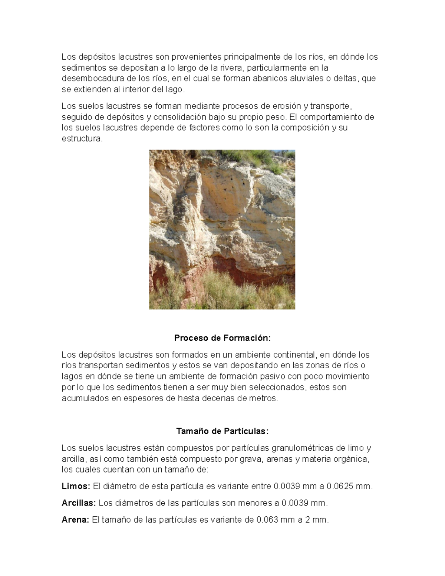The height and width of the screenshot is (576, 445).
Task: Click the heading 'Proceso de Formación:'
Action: (222, 338)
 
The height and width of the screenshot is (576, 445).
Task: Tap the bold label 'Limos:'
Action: (76, 486)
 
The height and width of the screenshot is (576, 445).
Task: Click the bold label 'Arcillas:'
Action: (79, 503)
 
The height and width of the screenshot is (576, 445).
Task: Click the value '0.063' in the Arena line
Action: (268, 520)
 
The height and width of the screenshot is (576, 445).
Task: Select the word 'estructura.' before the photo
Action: (81, 139)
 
